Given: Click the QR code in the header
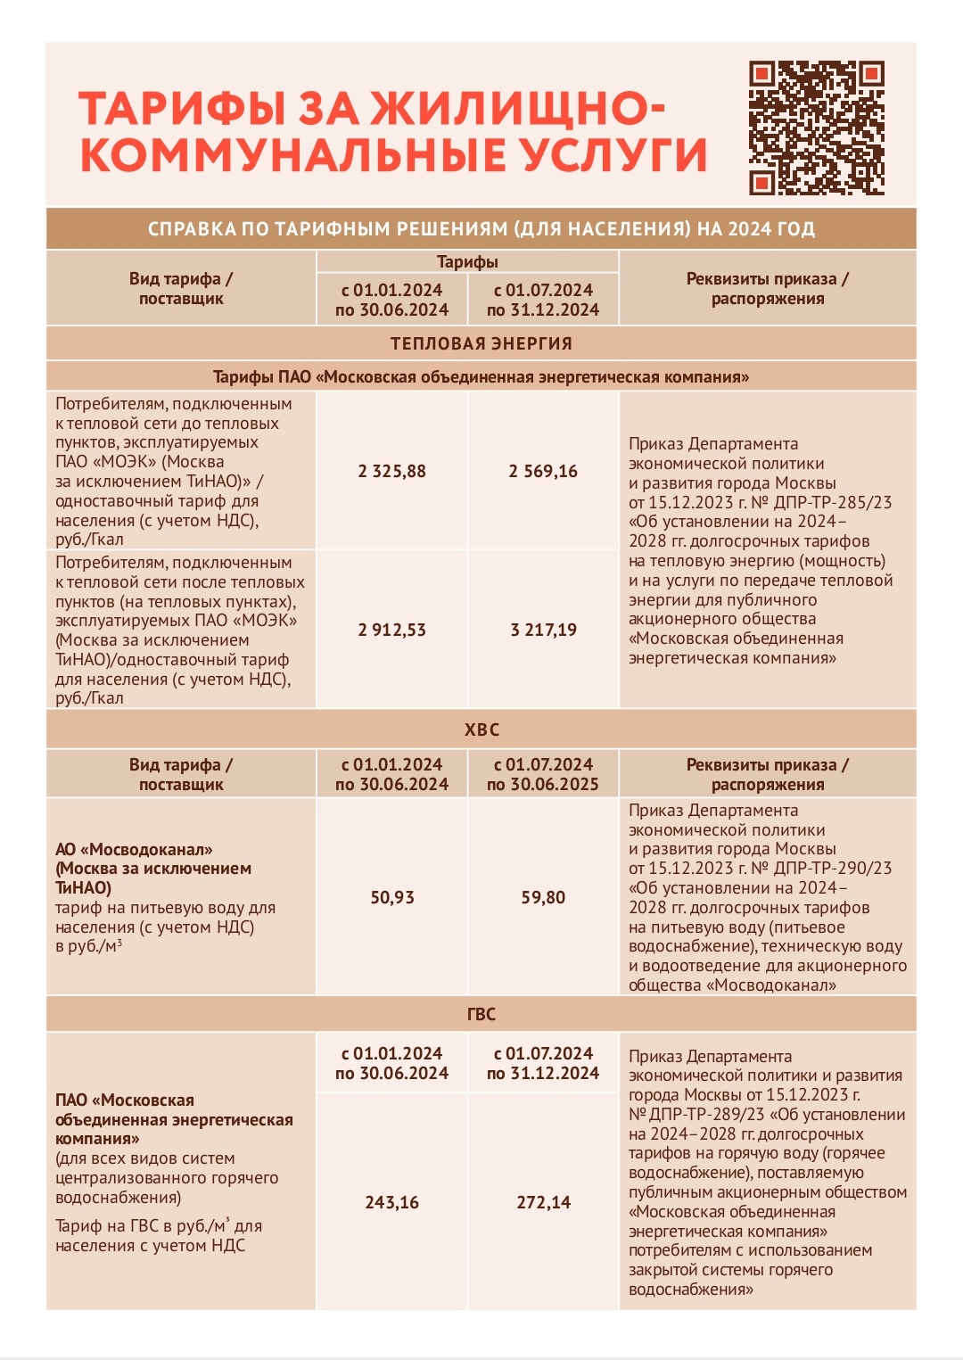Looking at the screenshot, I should pos(816,128).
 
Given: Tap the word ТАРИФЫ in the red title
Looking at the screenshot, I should pos(182,109).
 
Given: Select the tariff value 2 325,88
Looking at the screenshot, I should pos(391,471).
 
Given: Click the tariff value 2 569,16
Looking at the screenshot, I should pos(543,471).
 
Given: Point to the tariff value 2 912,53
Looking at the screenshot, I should pos(391,630).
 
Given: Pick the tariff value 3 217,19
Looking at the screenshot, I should pos(543,630).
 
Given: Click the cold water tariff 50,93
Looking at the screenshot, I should pos(391,897).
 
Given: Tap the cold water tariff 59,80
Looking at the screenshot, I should pos(543,897).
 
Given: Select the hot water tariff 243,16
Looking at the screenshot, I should pos(391,1202).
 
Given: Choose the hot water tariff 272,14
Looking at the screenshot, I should pos(543,1202).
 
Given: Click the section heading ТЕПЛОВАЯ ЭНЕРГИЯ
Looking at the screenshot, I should pos(481,343).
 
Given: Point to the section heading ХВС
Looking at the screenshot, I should pos(481,729).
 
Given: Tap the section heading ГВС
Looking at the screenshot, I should pos(481,1014).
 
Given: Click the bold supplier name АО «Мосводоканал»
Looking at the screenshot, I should pos(134,849).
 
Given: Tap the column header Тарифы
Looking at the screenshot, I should pos(467,261).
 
